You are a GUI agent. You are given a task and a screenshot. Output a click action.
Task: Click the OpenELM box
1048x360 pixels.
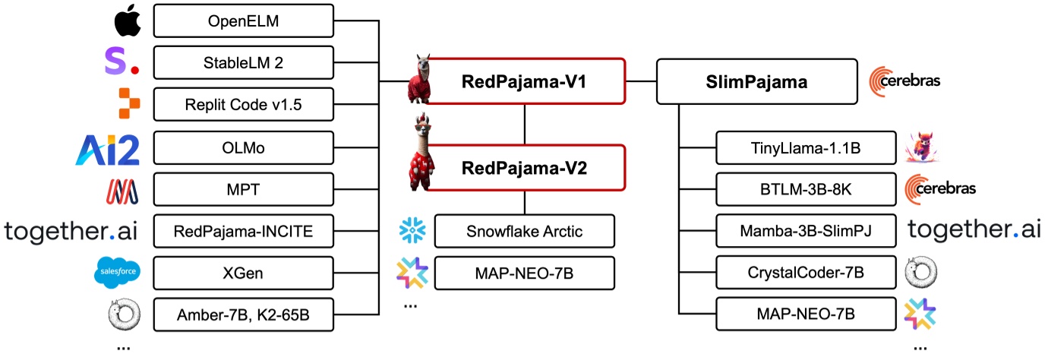point(244,21)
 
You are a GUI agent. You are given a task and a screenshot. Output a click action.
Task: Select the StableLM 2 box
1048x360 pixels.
point(244,63)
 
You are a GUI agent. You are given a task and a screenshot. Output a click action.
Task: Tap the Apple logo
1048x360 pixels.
point(128,22)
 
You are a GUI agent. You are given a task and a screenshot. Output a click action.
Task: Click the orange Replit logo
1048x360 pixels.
point(130,104)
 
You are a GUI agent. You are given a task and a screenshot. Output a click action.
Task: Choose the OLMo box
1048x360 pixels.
point(244,147)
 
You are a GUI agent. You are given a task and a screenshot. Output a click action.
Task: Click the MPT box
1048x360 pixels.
point(244,189)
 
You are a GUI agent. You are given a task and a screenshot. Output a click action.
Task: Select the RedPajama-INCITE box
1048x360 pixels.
point(244,231)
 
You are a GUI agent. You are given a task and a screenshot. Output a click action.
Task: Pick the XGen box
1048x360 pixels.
point(244,273)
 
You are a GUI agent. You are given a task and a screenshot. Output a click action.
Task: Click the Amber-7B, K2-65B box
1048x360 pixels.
point(244,314)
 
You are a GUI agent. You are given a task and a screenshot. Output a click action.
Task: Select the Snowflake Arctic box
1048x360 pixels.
point(525,231)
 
